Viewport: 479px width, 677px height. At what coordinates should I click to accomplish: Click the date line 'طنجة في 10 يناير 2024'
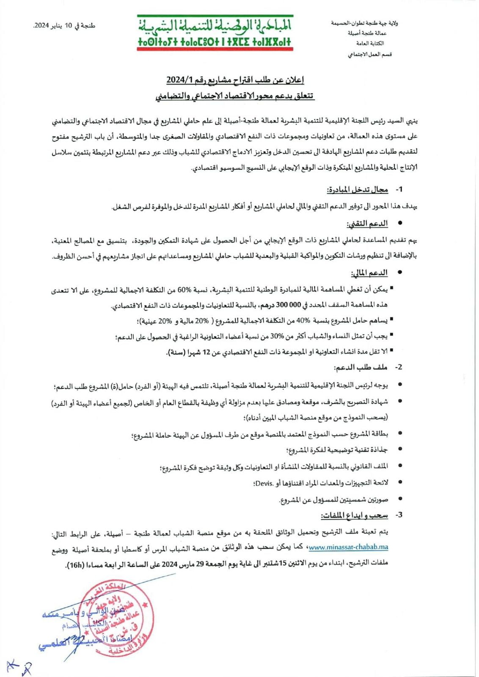(65, 26)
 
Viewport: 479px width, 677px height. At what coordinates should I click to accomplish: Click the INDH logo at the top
(215, 33)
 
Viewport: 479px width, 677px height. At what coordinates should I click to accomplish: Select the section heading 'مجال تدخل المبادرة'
(358, 190)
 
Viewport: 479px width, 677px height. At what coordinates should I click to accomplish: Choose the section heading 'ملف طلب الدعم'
(361, 367)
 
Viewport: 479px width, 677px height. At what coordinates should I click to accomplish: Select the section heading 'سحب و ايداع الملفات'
(354, 515)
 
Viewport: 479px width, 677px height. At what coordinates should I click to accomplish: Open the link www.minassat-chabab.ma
(348, 547)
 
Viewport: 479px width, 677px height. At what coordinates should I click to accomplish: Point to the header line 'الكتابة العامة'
(370, 44)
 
